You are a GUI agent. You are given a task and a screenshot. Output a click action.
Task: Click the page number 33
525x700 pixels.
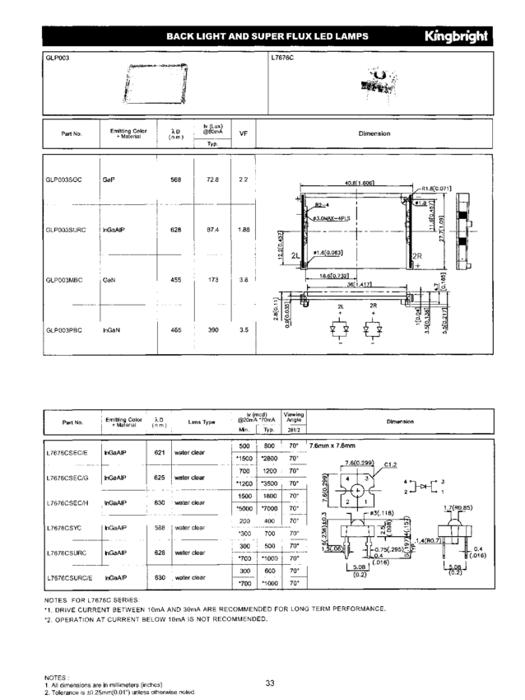coord(270,682)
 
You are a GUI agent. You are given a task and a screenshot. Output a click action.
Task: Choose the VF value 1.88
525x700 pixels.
coord(244,229)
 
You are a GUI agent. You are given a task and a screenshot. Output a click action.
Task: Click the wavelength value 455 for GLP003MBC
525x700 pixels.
coord(175,280)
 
